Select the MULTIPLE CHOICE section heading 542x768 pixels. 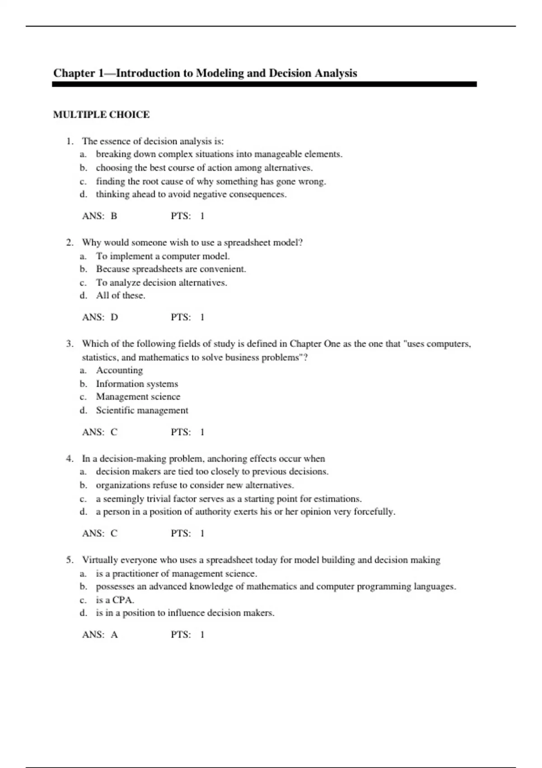101,115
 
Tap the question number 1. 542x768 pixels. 69,141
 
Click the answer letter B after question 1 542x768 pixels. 114,216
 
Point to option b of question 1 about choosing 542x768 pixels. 204,168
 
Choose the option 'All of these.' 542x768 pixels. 121,295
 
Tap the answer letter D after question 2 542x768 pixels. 114,317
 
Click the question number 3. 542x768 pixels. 69,344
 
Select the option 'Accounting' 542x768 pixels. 119,370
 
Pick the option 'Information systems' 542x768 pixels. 137,384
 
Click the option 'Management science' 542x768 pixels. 138,397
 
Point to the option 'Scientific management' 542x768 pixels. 142,410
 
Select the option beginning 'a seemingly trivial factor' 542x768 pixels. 229,499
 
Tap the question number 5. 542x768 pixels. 69,560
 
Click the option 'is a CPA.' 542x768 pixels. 115,600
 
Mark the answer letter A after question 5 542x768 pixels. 114,635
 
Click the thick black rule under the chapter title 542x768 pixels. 264,84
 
